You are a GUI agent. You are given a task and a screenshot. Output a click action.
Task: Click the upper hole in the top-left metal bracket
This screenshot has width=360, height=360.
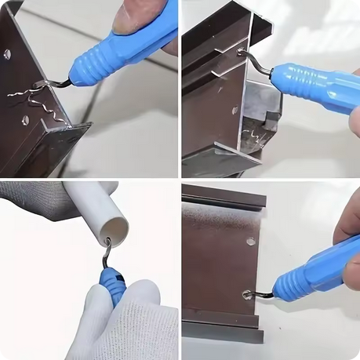click(x=7, y=54)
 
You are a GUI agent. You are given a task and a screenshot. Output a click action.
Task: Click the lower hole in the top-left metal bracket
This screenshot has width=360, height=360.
click(x=25, y=120)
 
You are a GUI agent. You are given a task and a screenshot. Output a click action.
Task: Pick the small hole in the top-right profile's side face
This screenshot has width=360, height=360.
click(x=235, y=110)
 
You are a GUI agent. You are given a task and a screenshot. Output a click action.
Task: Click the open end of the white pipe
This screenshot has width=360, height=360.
click(x=115, y=230)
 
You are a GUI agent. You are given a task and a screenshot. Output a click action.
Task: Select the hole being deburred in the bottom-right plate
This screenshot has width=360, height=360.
click(x=248, y=295)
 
